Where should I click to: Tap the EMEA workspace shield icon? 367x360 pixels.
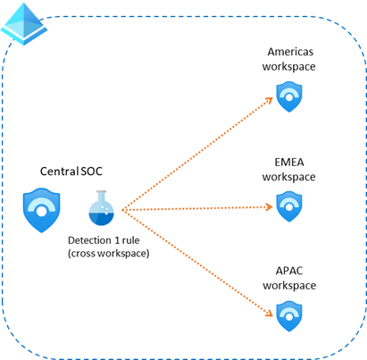point(288,208)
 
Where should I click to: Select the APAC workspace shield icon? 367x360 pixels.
point(288,314)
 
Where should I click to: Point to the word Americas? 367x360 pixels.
point(289,53)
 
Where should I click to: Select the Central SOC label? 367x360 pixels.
point(72,172)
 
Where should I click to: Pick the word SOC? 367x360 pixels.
point(92,172)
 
